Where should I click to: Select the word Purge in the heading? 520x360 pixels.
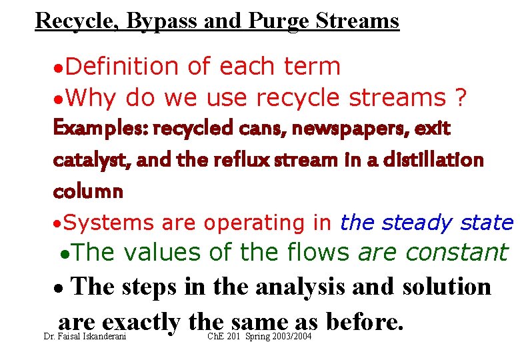279,21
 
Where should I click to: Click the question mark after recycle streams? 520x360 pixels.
459,98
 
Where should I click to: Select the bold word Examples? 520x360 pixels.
101,129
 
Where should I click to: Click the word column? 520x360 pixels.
88,191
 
